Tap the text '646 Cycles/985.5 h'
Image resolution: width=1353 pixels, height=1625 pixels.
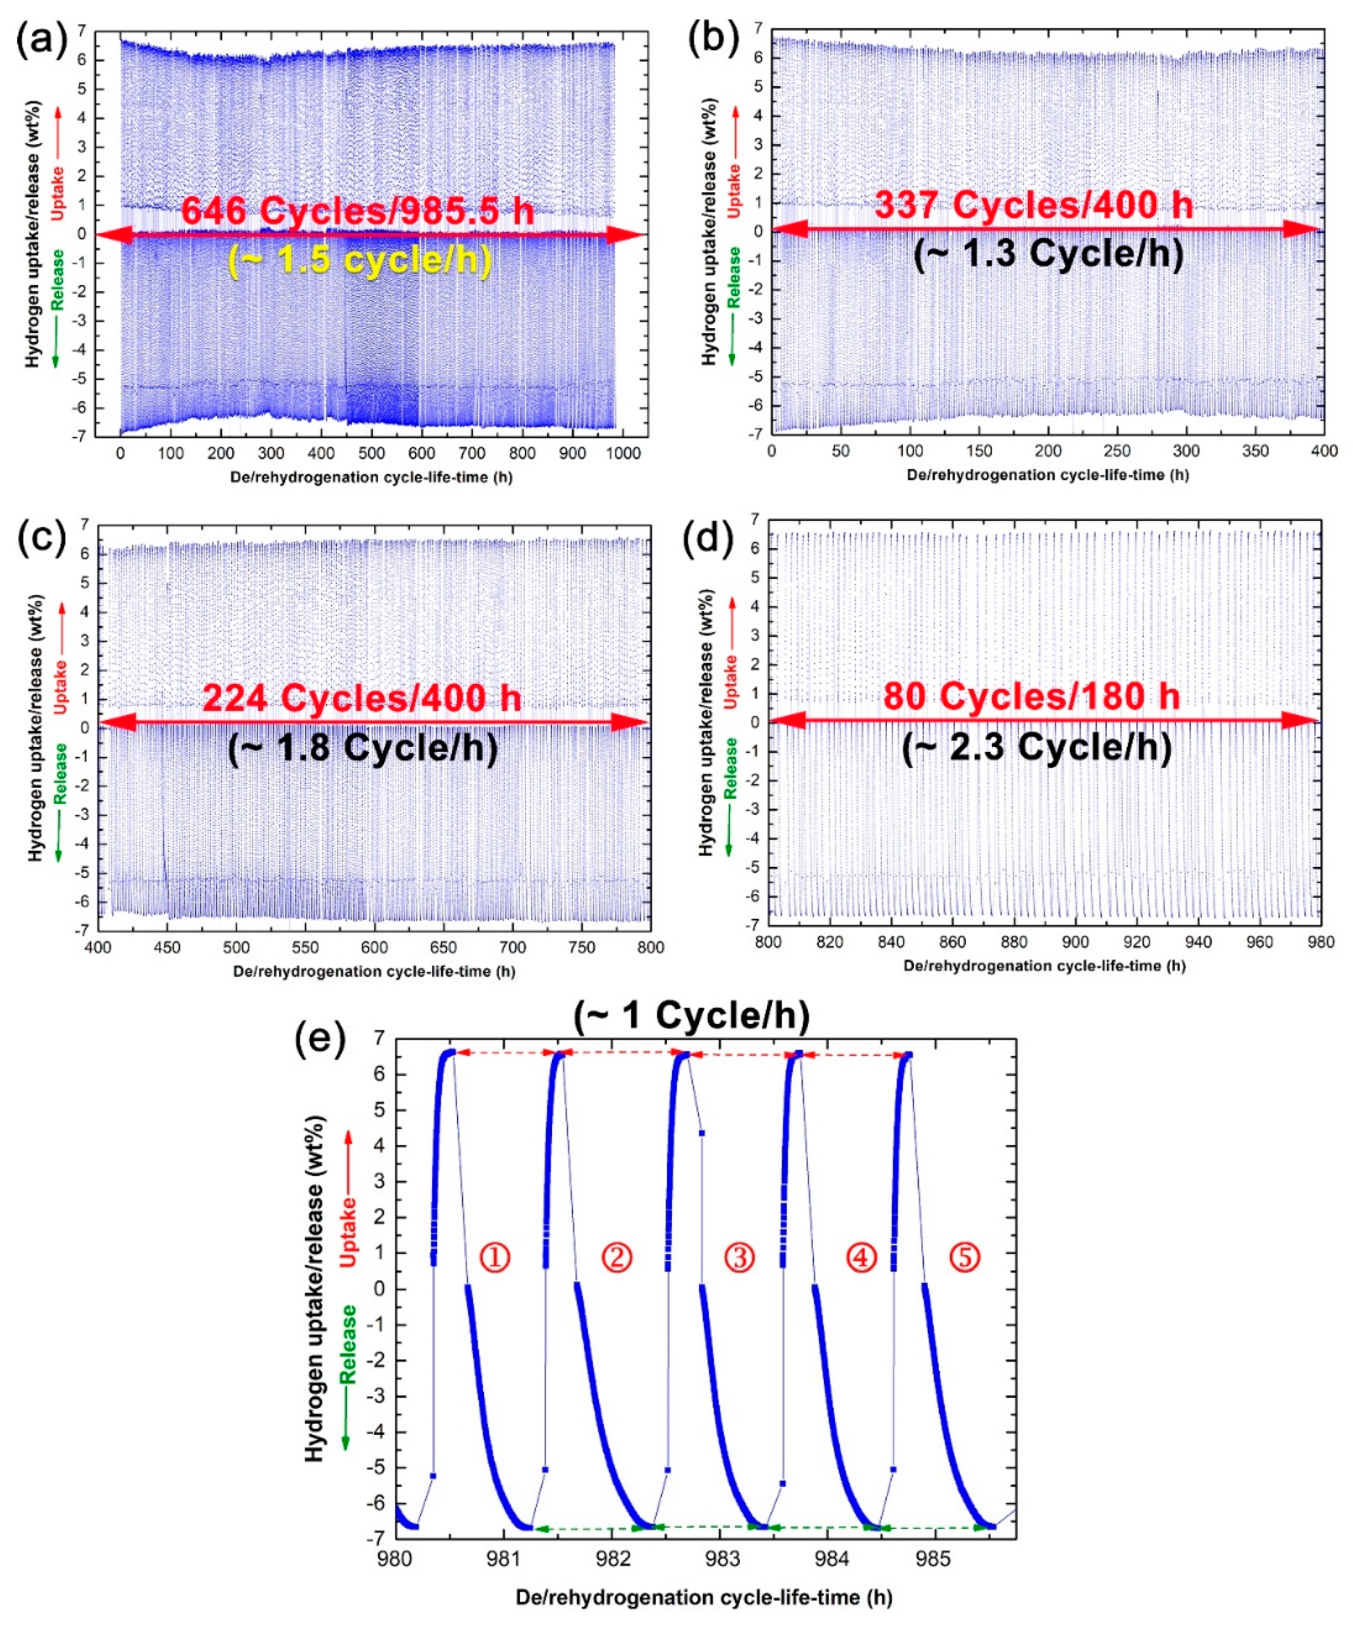tap(357, 211)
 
